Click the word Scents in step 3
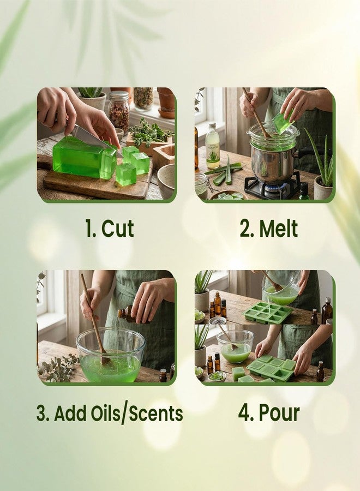click(153, 413)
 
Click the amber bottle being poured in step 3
click(127, 313)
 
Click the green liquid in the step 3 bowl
click(109, 368)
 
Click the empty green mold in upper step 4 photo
click(268, 313)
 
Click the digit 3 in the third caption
click(41, 413)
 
